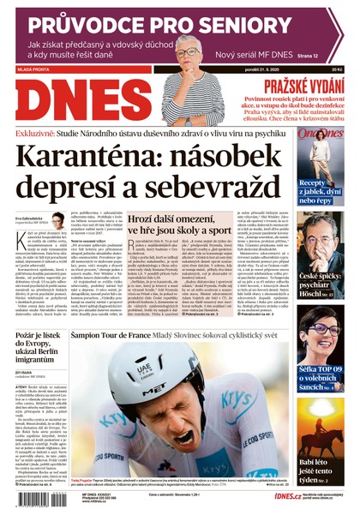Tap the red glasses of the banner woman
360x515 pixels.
(189, 52)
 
